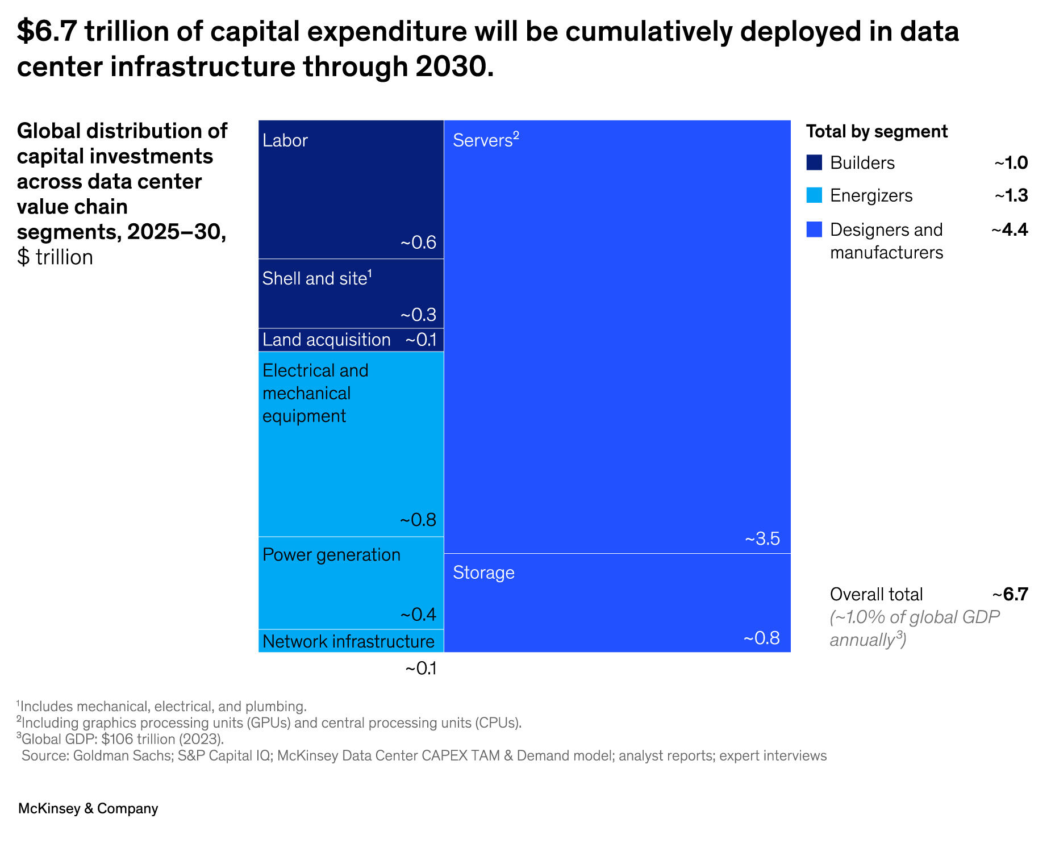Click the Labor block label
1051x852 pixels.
coord(285,140)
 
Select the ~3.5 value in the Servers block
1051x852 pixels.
coord(762,538)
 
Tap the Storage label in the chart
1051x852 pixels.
coord(483,573)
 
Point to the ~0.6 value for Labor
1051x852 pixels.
coord(418,243)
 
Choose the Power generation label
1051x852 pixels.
coord(331,555)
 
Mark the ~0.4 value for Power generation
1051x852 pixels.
coord(418,615)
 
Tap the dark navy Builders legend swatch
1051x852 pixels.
coord(814,162)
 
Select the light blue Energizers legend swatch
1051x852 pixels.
coord(814,195)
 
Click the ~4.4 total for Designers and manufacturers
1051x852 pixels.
coord(1010,229)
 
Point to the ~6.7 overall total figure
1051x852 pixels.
coord(1010,594)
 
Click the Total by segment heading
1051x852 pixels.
coord(877,131)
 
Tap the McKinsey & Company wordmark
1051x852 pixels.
coord(88,808)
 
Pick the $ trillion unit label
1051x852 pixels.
coord(55,257)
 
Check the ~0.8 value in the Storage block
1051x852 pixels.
coord(762,638)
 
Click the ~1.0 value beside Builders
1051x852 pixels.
coord(1011,162)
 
